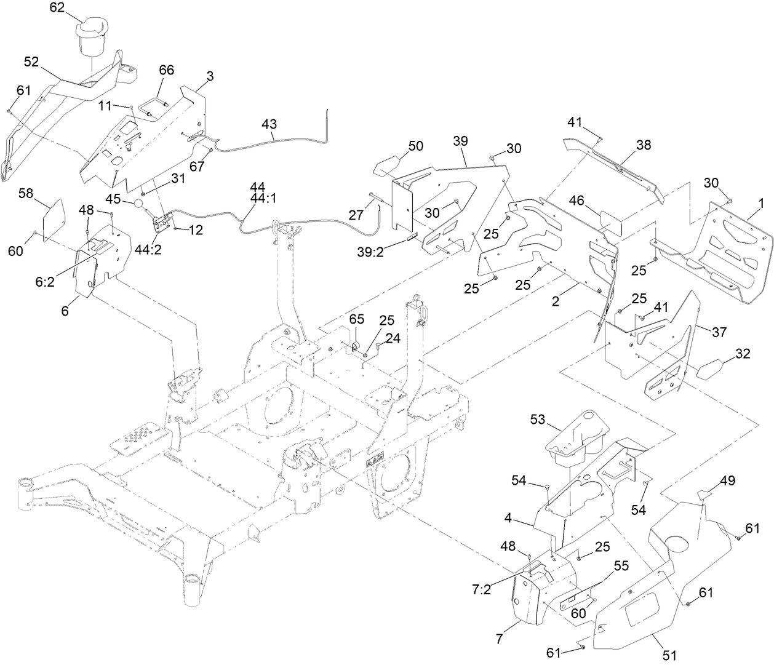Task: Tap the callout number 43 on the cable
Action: pos(269,124)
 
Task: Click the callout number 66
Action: pos(167,70)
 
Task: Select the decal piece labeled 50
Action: pos(387,167)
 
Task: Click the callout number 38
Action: pos(644,145)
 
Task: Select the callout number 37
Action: pos(719,332)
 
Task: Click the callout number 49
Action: pos(728,480)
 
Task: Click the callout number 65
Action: pos(357,319)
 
